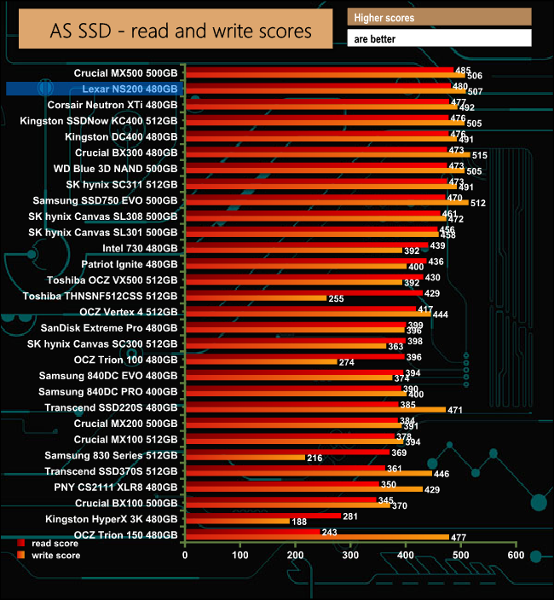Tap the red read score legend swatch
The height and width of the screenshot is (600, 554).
click(20, 543)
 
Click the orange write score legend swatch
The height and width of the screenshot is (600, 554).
click(20, 556)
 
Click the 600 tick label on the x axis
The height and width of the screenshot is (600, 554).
click(515, 555)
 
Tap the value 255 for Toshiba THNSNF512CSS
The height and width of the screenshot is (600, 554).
click(336, 298)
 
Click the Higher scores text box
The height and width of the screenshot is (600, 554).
click(439, 18)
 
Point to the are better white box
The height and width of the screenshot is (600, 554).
click(439, 38)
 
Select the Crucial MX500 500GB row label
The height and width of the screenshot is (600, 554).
click(125, 73)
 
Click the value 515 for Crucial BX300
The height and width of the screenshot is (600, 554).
click(479, 155)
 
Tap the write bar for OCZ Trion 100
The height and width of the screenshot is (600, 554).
click(261, 362)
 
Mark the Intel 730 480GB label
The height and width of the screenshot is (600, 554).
click(140, 248)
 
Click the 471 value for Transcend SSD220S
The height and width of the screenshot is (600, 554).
click(455, 410)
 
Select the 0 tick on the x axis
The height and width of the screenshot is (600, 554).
click(185, 555)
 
